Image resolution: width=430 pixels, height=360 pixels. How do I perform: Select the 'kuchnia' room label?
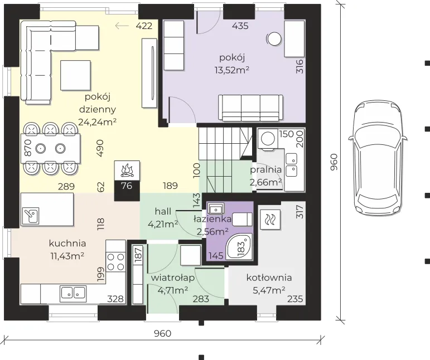point(67,244)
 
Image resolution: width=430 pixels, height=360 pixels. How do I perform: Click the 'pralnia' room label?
point(265,170)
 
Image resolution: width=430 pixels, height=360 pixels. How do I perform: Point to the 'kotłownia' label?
point(269,278)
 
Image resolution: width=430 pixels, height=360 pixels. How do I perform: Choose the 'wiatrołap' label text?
point(173,278)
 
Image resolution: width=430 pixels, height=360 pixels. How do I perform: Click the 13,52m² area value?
point(232,70)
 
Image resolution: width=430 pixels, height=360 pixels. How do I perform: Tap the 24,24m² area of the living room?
point(98,121)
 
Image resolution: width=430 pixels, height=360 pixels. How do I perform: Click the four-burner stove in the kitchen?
point(115,262)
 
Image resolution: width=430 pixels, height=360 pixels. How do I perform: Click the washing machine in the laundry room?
point(268,139)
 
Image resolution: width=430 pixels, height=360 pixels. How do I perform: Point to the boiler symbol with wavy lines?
point(270,220)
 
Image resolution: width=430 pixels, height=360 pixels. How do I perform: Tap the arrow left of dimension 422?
point(122,26)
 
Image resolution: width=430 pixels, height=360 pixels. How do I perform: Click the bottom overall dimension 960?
point(163,333)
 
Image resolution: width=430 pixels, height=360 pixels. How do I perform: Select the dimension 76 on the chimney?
point(127,186)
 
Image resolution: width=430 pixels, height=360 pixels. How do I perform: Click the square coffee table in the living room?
point(75,75)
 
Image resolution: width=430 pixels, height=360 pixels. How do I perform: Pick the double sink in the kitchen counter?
point(73,292)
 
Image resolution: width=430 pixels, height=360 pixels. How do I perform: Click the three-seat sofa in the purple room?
point(250,108)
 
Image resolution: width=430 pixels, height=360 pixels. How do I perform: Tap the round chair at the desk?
point(274,39)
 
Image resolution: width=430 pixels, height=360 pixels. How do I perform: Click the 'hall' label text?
point(163,212)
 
